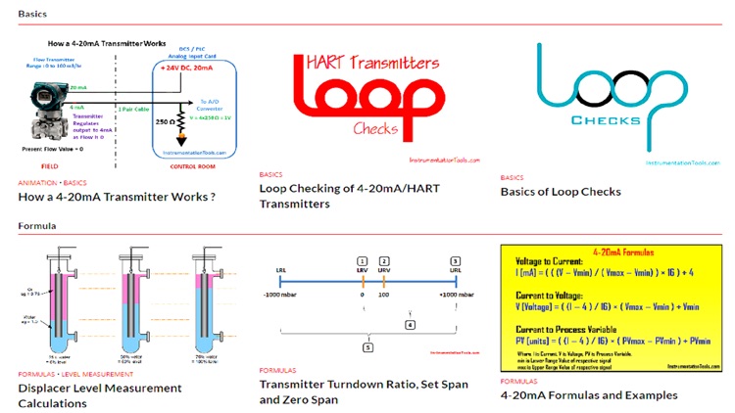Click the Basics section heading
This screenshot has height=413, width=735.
pos(32,15)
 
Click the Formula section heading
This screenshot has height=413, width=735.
pos(36,226)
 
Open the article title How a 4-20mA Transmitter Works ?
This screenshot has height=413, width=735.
pos(116,196)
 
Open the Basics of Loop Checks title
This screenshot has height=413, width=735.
pos(560,191)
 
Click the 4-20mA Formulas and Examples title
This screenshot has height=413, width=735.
pos(588,394)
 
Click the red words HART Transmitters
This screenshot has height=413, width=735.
pos(367,66)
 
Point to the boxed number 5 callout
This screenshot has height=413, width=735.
pos(367,346)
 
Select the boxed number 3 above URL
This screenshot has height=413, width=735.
pos(456,261)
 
